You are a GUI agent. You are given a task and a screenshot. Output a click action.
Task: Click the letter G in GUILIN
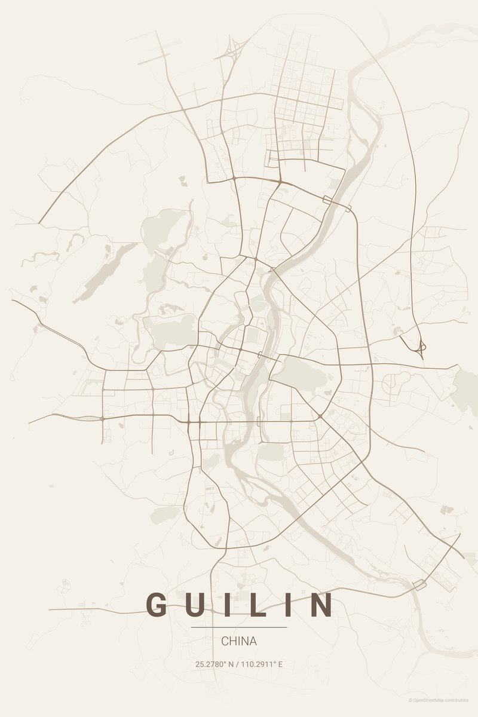[158, 605]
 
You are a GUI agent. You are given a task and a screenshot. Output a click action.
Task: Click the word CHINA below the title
[239, 641]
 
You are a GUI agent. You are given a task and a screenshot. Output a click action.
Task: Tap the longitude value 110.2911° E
[262, 664]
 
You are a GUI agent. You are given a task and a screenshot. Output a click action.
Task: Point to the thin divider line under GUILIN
[239, 627]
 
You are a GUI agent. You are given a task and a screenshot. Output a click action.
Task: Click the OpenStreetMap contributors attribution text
[441, 700]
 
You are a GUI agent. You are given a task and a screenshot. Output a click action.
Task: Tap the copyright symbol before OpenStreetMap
[410, 700]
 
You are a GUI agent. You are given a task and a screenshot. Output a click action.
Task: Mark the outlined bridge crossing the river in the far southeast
[420, 584]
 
